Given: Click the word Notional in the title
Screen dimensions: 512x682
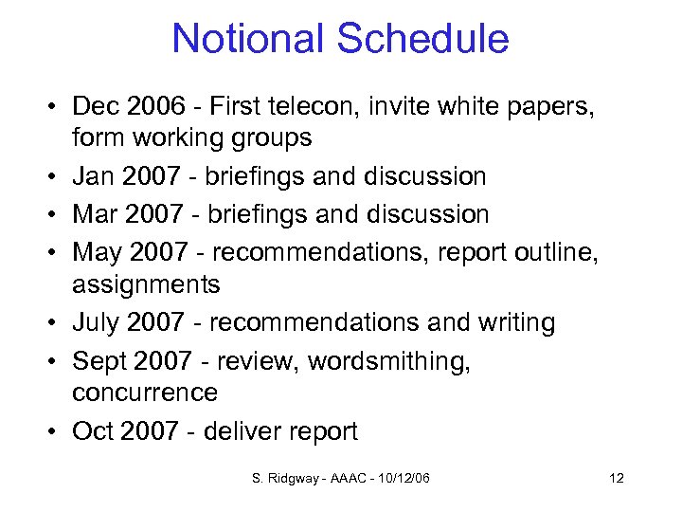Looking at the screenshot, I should pos(249,39).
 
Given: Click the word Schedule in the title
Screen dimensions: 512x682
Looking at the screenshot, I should pos(423,39).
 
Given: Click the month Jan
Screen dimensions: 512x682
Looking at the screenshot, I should pos(95,176).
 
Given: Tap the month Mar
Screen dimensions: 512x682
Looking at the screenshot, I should pos(96,214).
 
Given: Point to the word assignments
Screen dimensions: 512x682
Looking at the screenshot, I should pos(146,284).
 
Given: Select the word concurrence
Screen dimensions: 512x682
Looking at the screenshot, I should pos(145,393).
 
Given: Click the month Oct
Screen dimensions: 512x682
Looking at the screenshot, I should pos(93,431).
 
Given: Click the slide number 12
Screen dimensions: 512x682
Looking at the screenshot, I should pos(617,478).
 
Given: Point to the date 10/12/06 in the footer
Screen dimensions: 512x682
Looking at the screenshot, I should pos(402,478).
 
